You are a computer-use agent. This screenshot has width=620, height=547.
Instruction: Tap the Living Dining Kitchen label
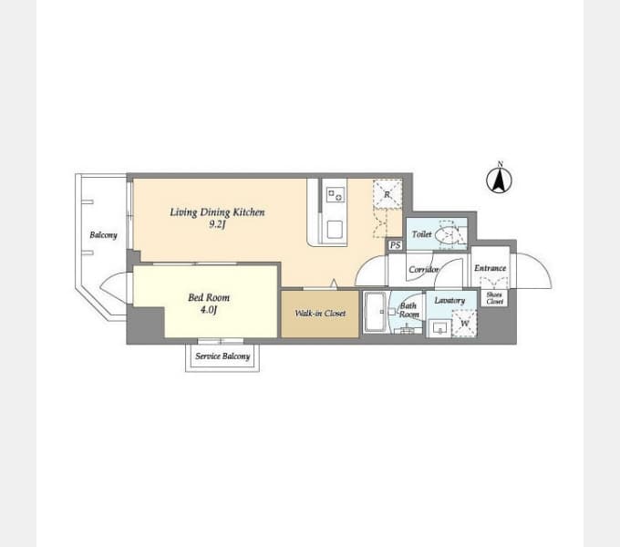click(x=217, y=212)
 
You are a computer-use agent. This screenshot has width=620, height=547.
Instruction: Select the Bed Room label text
click(x=209, y=297)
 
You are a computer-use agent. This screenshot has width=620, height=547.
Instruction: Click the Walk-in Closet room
click(x=320, y=315)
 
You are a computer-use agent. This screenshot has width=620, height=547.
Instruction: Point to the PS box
click(x=396, y=245)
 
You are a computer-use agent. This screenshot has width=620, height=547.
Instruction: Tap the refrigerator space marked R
click(x=387, y=194)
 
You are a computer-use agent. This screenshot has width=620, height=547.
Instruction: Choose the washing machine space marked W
click(x=465, y=324)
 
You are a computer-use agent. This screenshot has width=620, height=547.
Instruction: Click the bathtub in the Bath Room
click(x=375, y=312)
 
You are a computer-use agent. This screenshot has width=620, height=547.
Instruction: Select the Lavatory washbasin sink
click(x=439, y=328)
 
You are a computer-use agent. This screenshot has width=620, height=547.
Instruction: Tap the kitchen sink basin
click(x=335, y=230)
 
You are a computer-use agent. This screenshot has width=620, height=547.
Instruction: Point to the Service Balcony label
click(x=222, y=356)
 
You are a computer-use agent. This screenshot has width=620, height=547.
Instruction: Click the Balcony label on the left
click(x=103, y=235)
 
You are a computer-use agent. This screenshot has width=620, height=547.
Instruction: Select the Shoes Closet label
click(x=494, y=298)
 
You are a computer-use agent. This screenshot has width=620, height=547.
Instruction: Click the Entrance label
click(x=490, y=268)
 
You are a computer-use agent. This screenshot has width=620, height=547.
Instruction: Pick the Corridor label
click(x=423, y=270)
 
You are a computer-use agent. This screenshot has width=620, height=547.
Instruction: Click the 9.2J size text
click(x=217, y=225)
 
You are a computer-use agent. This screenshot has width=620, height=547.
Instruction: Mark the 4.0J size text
click(x=209, y=309)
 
